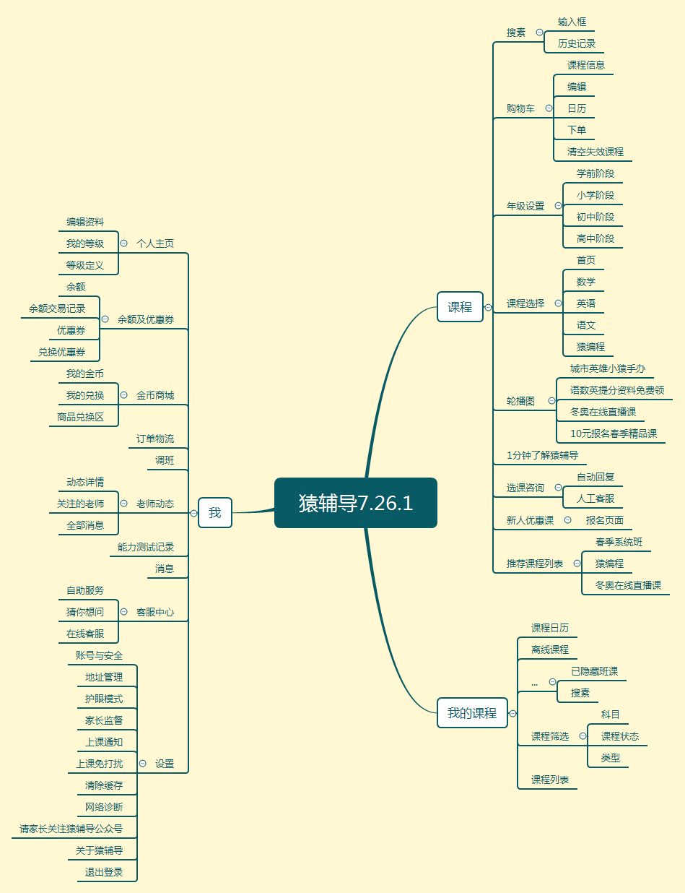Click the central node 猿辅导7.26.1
tap(356, 503)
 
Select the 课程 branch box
tap(460, 307)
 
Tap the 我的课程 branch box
tap(472, 713)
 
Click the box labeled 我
tap(215, 513)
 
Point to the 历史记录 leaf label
tap(577, 43)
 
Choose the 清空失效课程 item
tap(595, 152)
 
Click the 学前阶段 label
tap(595, 173)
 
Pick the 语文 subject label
tap(586, 325)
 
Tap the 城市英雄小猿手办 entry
tap(608, 368)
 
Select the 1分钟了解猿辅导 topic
tap(542, 455)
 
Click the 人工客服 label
tap(595, 499)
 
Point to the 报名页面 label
tap(605, 520)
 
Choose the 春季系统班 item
tap(619, 542)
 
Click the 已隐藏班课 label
tap(595, 671)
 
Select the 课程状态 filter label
tap(620, 736)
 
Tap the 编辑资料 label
tap(85, 222)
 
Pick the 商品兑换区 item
tap(81, 417)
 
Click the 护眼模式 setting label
tap(104, 699)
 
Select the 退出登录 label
tap(104, 872)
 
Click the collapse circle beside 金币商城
tap(123, 395)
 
